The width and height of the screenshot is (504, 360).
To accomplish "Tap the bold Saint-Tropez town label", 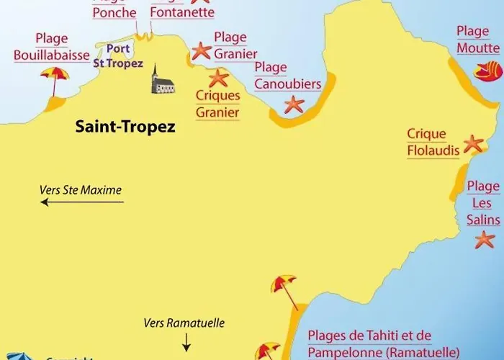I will [125, 127].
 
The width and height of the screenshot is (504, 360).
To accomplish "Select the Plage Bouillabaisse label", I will [51, 47].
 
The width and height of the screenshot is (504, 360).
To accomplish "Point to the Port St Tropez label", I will [117, 56].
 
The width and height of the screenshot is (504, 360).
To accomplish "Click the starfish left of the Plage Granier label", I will [201, 50].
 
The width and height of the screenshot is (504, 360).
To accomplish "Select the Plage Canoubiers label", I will [287, 76].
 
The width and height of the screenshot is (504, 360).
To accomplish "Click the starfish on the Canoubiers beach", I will [294, 104].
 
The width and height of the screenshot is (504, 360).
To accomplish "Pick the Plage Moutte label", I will [477, 40].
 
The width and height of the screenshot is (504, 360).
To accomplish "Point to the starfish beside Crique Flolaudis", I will [473, 143].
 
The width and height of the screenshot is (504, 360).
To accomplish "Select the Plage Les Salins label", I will [482, 203].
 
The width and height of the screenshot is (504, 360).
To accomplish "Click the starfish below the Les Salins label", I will [485, 239].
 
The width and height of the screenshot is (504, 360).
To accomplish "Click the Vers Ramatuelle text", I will [184, 323].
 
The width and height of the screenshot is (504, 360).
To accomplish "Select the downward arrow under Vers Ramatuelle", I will [186, 341].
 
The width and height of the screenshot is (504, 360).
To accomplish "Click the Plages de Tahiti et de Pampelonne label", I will [383, 344].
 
